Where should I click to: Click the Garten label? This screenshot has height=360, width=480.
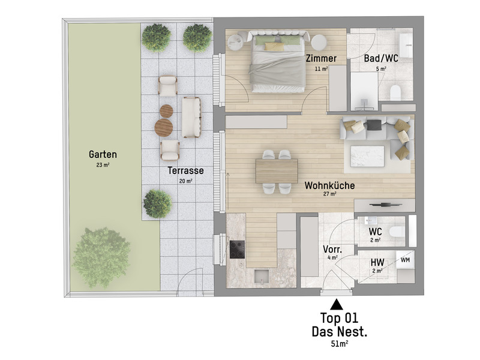tap(103, 154)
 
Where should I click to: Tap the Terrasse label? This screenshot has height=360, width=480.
tap(185, 170)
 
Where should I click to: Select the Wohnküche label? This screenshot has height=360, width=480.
tap(329, 185)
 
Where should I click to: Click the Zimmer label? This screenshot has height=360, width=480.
tap(321, 58)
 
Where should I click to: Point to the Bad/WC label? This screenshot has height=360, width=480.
tap(381, 58)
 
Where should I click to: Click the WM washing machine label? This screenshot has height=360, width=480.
tap(406, 260)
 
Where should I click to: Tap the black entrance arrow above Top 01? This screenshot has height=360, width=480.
tap(337, 304)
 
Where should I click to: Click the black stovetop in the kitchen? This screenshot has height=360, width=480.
tap(237, 250)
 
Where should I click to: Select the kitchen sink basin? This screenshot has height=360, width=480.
tap(262, 277)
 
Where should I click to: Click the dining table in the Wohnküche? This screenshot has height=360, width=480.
tap(277, 171)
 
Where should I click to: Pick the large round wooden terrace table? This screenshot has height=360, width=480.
tap(163, 127)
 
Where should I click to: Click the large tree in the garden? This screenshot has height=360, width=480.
tap(101, 257)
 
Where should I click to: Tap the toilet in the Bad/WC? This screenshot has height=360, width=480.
tap(395, 92)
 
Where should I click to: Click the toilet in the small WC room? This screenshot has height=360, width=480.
tap(397, 232)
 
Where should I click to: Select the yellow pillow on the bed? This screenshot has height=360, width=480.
tap(274, 46)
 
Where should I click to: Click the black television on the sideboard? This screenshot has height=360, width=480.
tap(385, 205)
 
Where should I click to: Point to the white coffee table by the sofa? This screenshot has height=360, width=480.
tap(367, 156)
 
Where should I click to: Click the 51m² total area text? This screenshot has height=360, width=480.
tap(339, 344)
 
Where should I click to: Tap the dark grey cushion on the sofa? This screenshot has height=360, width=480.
tap(374, 125)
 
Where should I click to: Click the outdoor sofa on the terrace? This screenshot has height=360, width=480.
tap(191, 117)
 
